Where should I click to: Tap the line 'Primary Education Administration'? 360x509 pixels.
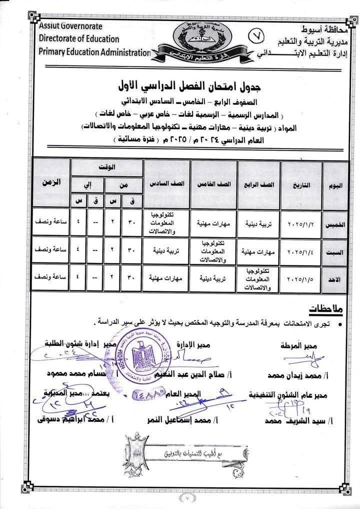[93, 52]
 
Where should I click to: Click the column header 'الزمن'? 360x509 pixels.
[50, 182]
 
